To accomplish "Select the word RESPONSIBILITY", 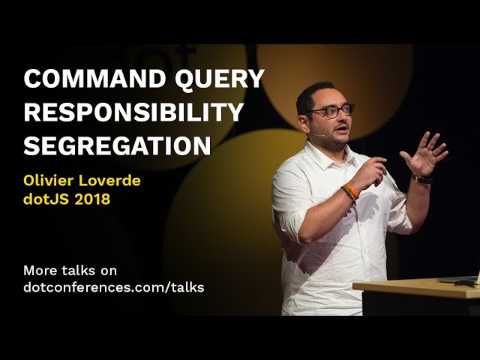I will pos(133,112).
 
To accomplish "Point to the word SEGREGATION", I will pos(117,145).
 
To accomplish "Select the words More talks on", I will pos(70,270).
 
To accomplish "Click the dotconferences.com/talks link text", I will pos(113,287).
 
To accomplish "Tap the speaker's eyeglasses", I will pos(330,111).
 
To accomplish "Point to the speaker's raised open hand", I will pos(424,153).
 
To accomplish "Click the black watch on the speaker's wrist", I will pos(423,179).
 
